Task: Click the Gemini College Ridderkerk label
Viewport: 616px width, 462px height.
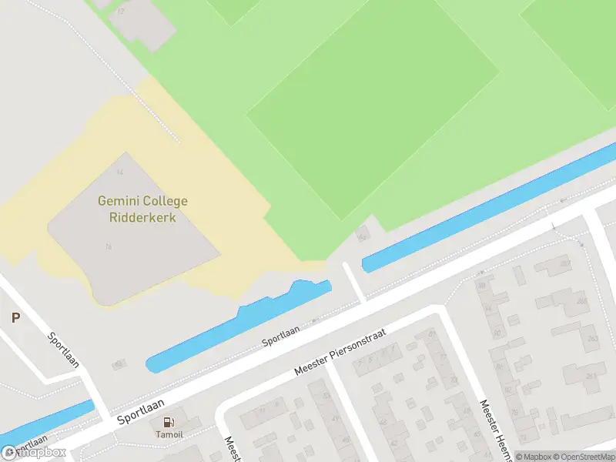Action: (x=142, y=209)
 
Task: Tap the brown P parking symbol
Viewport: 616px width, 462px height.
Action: (x=15, y=317)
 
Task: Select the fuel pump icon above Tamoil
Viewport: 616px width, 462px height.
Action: (x=168, y=421)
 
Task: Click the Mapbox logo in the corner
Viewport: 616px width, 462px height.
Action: (x=33, y=453)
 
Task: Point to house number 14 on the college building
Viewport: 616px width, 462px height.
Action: (x=119, y=172)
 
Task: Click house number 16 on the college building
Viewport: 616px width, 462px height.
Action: (x=109, y=246)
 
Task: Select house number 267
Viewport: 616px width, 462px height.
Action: (x=565, y=264)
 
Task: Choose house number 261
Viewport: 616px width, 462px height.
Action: (x=591, y=376)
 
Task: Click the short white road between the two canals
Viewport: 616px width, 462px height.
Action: (x=353, y=282)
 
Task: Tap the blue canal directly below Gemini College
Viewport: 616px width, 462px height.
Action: (x=239, y=325)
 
